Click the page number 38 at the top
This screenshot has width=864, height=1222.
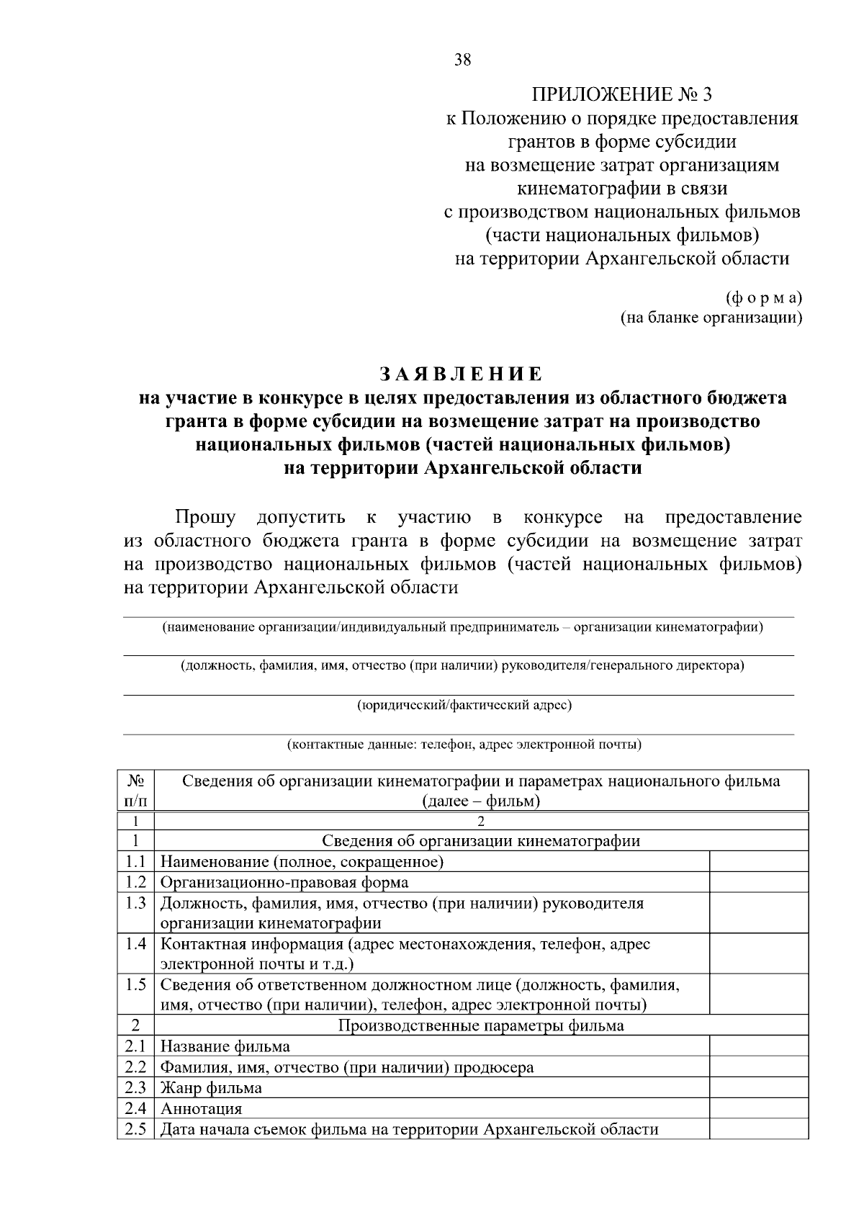pyautogui.click(x=462, y=60)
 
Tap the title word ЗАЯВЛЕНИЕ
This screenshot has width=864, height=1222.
pyautogui.click(x=462, y=374)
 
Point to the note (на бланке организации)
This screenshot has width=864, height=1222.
pyautogui.click(x=711, y=318)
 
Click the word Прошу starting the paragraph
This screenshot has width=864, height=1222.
pyautogui.click(x=205, y=517)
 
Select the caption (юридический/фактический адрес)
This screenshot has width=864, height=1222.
pyautogui.click(x=464, y=705)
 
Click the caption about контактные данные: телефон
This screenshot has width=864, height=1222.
pyautogui.click(x=464, y=744)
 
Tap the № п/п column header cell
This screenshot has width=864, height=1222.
pyautogui.click(x=136, y=791)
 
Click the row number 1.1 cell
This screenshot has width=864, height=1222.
pyautogui.click(x=136, y=861)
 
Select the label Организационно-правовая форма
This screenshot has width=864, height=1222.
pyautogui.click(x=284, y=882)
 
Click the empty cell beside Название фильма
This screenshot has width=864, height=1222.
pyautogui.click(x=759, y=1046)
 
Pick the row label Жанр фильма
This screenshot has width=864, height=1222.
pyautogui.click(x=211, y=1087)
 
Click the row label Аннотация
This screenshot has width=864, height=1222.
pyautogui.click(x=201, y=1108)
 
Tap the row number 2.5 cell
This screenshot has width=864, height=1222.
pyautogui.click(x=136, y=1129)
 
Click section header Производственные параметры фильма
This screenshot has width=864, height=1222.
pyautogui.click(x=480, y=1025)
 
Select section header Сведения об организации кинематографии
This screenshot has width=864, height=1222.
pyautogui.click(x=480, y=840)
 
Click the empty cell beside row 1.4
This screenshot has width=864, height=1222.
pyautogui.click(x=759, y=953)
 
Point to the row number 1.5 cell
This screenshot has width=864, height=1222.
pyautogui.click(x=136, y=985)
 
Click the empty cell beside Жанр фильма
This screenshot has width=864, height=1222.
pyautogui.click(x=759, y=1087)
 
